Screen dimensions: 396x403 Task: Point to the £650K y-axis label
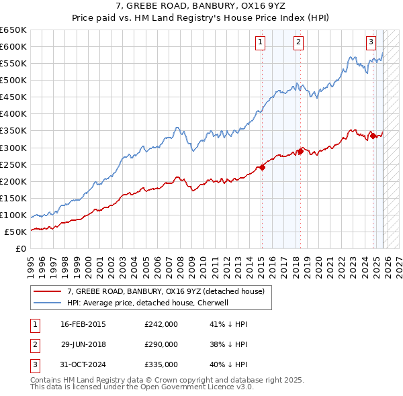pos(13,30)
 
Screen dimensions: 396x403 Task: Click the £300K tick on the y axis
pos(13,148)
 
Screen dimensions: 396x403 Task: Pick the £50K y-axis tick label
pos(15,232)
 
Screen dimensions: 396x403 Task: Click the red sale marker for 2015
pos(262,167)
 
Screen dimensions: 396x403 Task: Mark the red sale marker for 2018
pos(300,151)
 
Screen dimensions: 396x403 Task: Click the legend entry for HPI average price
pos(148,303)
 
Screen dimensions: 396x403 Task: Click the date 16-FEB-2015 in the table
pos(83,324)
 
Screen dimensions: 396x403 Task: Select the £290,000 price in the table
pos(161,344)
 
